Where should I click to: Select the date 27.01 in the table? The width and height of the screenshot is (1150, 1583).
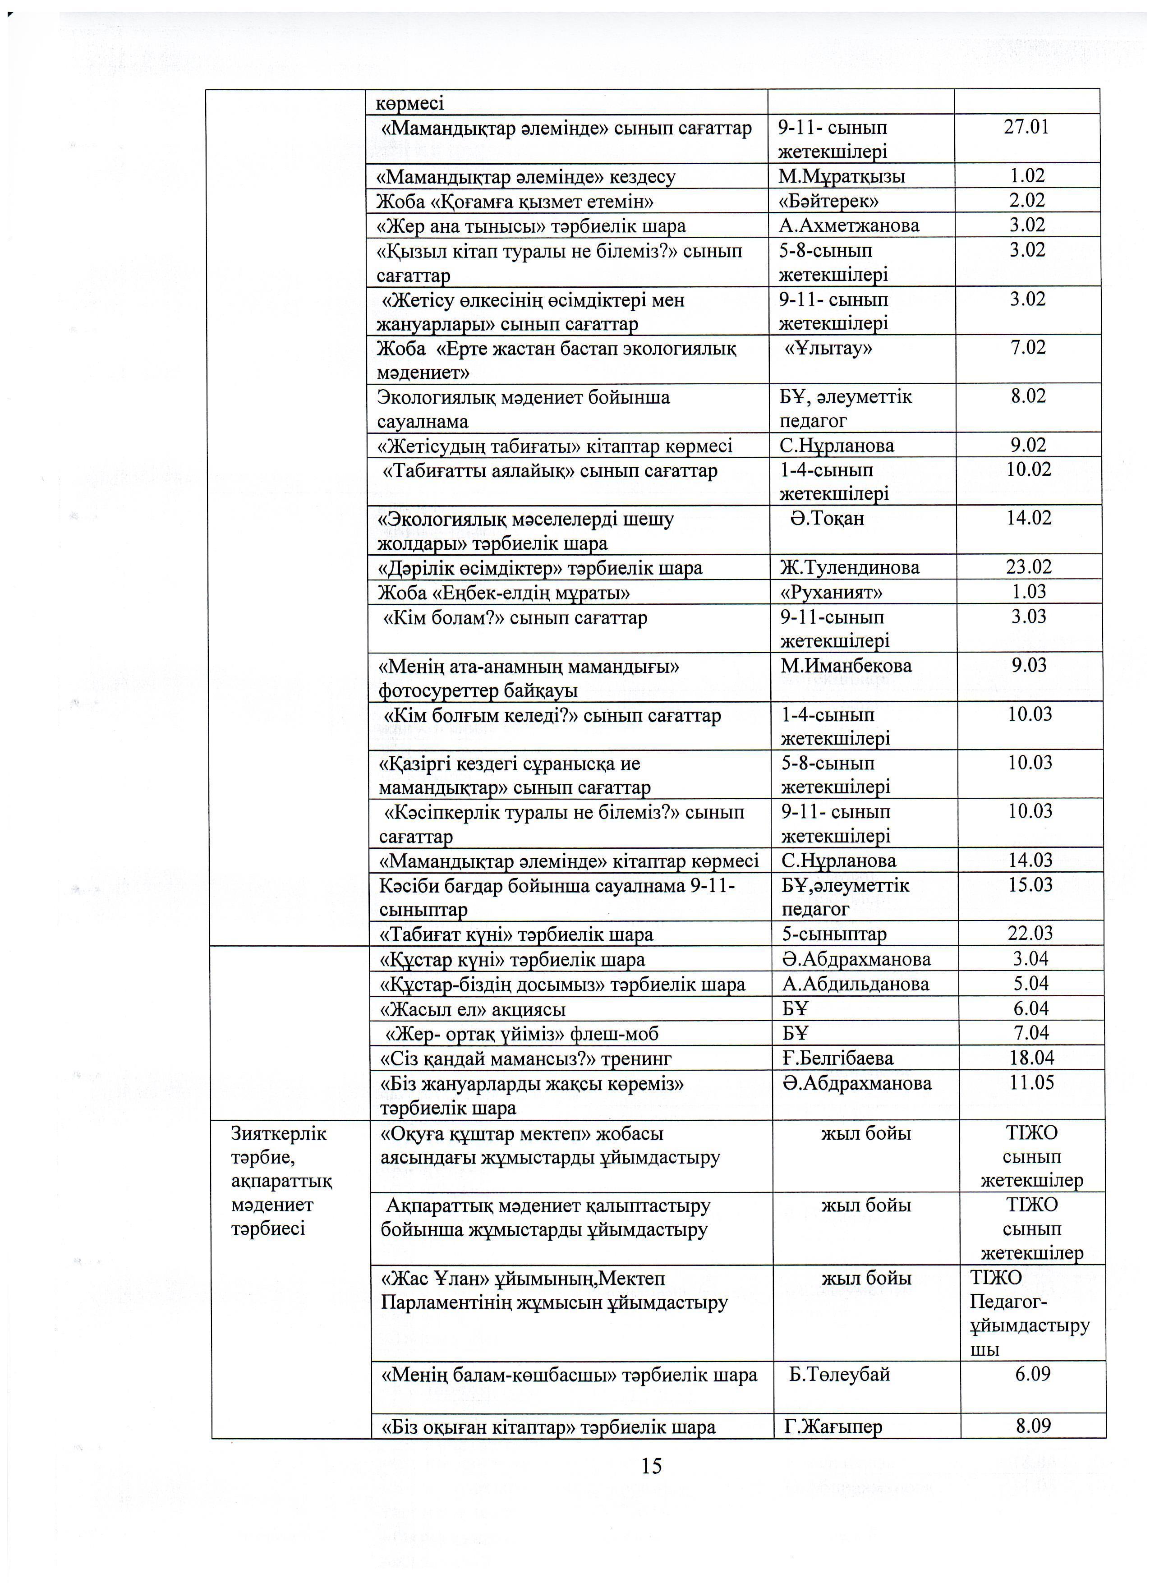click(1026, 127)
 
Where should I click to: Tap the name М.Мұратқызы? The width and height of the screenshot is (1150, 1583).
click(841, 176)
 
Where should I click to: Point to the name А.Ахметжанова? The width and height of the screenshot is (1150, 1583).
click(849, 225)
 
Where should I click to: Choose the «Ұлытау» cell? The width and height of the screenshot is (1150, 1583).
click(828, 348)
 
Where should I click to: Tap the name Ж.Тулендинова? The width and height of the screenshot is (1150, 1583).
click(849, 567)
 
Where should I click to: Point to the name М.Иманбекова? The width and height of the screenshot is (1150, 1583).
click(846, 665)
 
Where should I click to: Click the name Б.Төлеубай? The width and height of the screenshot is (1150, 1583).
click(839, 1374)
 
